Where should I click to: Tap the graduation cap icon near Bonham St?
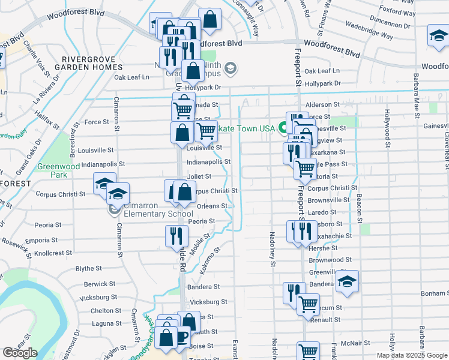tap(347, 281)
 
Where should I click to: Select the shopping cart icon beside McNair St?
tap(308, 351)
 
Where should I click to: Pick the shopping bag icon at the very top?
tap(210, 19)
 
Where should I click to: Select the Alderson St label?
tap(323, 104)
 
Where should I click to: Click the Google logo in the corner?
tap(20, 353)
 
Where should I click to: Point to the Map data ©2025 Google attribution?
tap(411, 355)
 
